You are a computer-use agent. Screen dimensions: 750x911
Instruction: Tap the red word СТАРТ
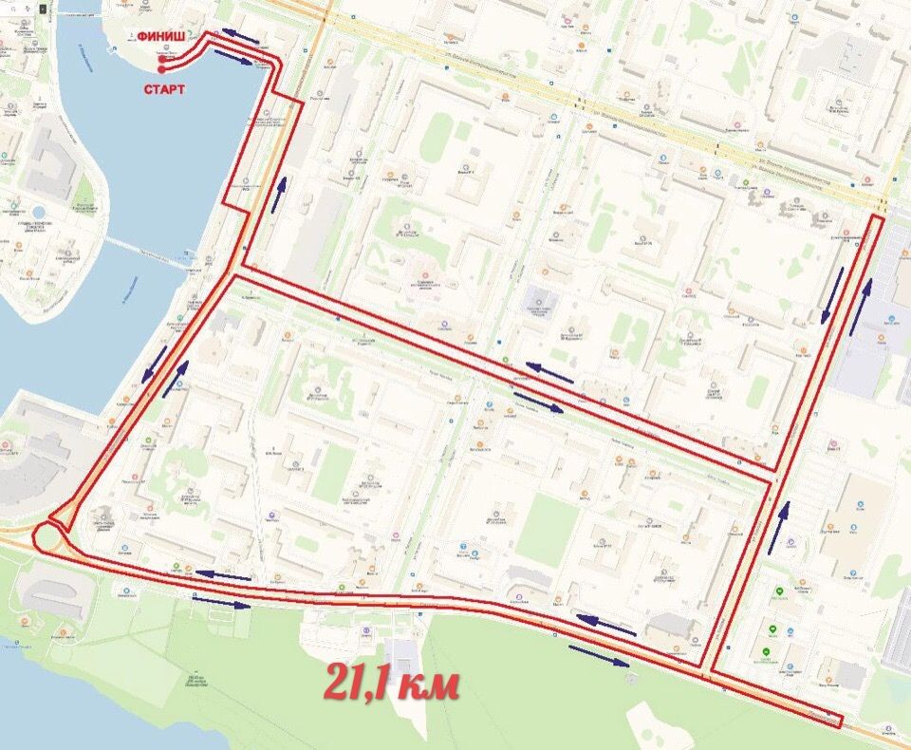[x=164, y=90]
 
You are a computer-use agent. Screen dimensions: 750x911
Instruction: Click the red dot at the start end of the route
[x=162, y=69]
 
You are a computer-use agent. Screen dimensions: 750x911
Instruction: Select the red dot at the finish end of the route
[x=162, y=58]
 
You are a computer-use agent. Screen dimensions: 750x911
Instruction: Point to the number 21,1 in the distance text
[x=364, y=681]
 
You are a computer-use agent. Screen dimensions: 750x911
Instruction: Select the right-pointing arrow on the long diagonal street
[x=537, y=403]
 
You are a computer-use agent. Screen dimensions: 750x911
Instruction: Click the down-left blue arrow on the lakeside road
[x=154, y=364]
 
